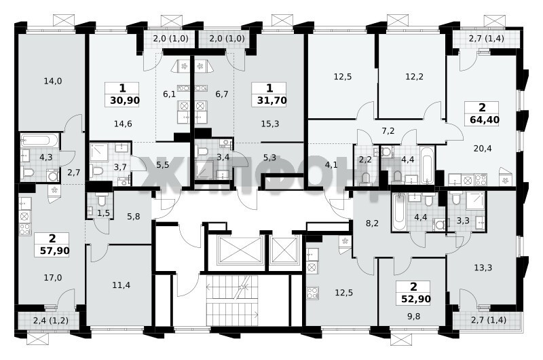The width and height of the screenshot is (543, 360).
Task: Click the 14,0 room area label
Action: coord(53,81)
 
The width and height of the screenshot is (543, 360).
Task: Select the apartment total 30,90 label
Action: coord(125,101)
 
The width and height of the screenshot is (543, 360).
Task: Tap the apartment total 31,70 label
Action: coord(271,101)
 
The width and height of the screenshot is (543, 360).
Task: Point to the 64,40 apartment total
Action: coord(485,120)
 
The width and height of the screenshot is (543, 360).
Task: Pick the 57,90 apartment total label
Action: coord(54,251)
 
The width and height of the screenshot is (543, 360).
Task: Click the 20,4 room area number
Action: coord(483,149)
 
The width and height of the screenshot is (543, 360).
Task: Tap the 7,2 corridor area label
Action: coord(388,131)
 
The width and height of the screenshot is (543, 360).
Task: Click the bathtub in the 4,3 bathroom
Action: coord(39,141)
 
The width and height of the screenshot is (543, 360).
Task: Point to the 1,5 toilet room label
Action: coord(103,213)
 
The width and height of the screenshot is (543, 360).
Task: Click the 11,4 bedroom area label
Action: coord(121,285)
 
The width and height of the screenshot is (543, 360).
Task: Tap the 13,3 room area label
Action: coord(483,268)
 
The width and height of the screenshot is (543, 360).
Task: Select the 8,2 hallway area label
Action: coord(372,223)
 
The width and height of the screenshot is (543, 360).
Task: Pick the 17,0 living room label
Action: coord(53,277)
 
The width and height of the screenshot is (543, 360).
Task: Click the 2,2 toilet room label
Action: coord(366,160)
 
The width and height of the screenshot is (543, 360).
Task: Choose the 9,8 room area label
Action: coord(413,317)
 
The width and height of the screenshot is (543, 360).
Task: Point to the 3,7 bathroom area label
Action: coord(120,167)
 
